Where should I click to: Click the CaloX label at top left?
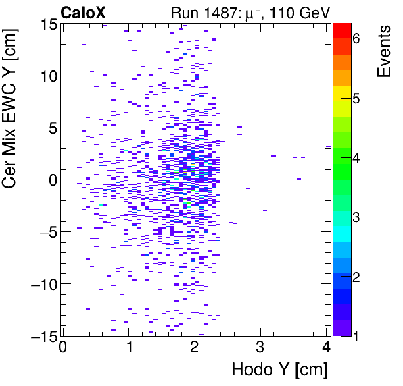(83, 11)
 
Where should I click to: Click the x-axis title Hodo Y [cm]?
(279, 370)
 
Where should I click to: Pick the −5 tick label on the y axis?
(45, 232)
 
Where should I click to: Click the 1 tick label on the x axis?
(128, 348)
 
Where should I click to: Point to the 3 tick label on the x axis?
(260, 348)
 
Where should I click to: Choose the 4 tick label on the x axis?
(326, 348)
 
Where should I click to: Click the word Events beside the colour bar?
(383, 51)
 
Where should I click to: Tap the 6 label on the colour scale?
(356, 40)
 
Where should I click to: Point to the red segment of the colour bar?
(341, 30)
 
